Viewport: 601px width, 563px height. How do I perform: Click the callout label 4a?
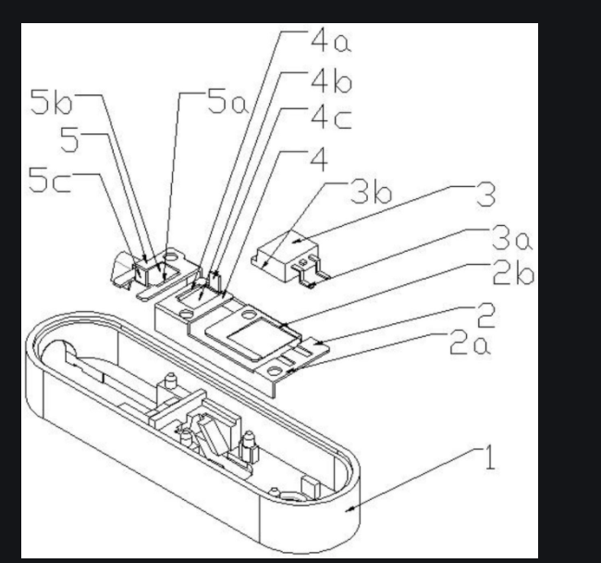pyautogui.click(x=331, y=41)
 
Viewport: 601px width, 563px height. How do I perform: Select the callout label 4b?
pyautogui.click(x=331, y=82)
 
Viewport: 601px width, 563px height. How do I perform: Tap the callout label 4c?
pyautogui.click(x=331, y=119)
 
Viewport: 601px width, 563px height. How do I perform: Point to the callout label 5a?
pyautogui.click(x=227, y=102)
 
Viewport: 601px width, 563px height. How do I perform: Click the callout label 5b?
pyautogui.click(x=51, y=102)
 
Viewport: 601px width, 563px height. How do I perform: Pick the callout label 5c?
pyautogui.click(x=49, y=180)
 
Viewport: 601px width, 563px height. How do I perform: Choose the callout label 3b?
pyautogui.click(x=372, y=192)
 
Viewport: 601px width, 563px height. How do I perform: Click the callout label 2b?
pyautogui.click(x=513, y=273)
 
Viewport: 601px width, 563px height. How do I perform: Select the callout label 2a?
pyautogui.click(x=470, y=344)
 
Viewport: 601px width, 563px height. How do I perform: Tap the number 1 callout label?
pyautogui.click(x=490, y=457)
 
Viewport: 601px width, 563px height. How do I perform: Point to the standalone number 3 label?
pyautogui.click(x=485, y=194)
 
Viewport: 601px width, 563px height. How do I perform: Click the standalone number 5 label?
pyautogui.click(x=69, y=140)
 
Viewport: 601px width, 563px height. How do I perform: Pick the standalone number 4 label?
pyautogui.click(x=319, y=159)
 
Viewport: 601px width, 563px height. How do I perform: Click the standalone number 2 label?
pyautogui.click(x=485, y=315)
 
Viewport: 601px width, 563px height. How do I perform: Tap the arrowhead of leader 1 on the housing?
pyautogui.click(x=348, y=509)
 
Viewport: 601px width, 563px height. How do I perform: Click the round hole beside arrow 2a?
pyautogui.click(x=275, y=371)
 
